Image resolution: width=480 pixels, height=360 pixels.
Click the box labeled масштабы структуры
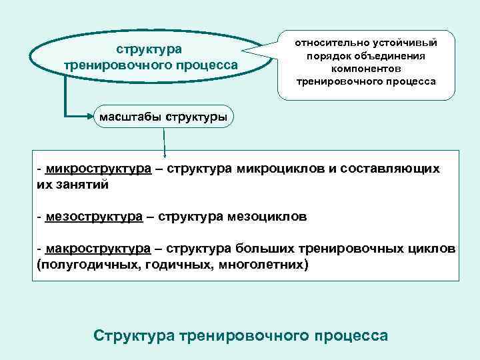[163, 118]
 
